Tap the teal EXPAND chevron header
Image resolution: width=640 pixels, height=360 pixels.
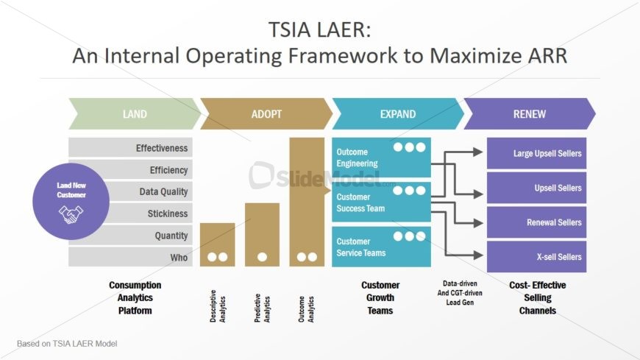tap(397, 114)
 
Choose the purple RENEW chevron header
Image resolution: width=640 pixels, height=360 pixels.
tap(529, 114)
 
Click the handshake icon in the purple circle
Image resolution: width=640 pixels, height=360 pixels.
tap(71, 213)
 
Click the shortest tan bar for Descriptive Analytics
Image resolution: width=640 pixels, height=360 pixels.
tap(217, 244)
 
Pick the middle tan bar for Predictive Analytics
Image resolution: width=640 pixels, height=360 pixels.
tap(262, 234)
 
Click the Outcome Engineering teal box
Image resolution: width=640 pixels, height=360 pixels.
tap(380, 158)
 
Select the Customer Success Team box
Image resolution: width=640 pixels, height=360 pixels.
tap(380, 202)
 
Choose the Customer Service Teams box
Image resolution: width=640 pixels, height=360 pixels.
tap(380, 247)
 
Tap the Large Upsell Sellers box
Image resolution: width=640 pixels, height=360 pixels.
tap(536, 154)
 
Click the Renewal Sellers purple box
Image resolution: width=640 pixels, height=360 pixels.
tap(536, 222)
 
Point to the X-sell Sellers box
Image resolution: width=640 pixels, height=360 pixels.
tap(536, 257)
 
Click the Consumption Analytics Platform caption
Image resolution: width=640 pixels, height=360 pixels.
tap(135, 297)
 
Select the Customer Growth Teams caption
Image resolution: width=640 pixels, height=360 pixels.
tap(380, 297)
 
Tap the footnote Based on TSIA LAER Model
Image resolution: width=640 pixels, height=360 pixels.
tap(67, 344)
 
